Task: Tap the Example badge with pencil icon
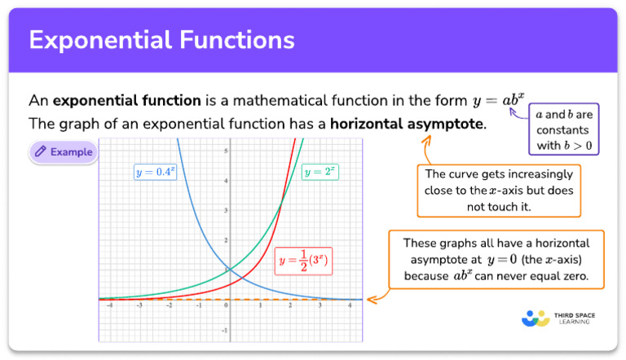click(64, 152)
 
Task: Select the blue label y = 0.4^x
click(155, 172)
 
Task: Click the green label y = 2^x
click(320, 172)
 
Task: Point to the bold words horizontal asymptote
click(419, 125)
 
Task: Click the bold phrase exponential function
click(126, 101)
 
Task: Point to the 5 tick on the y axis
click(226, 151)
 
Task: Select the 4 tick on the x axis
click(350, 306)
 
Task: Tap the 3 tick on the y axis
click(226, 210)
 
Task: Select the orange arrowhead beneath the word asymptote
click(425, 139)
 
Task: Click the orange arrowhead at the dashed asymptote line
click(371, 300)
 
